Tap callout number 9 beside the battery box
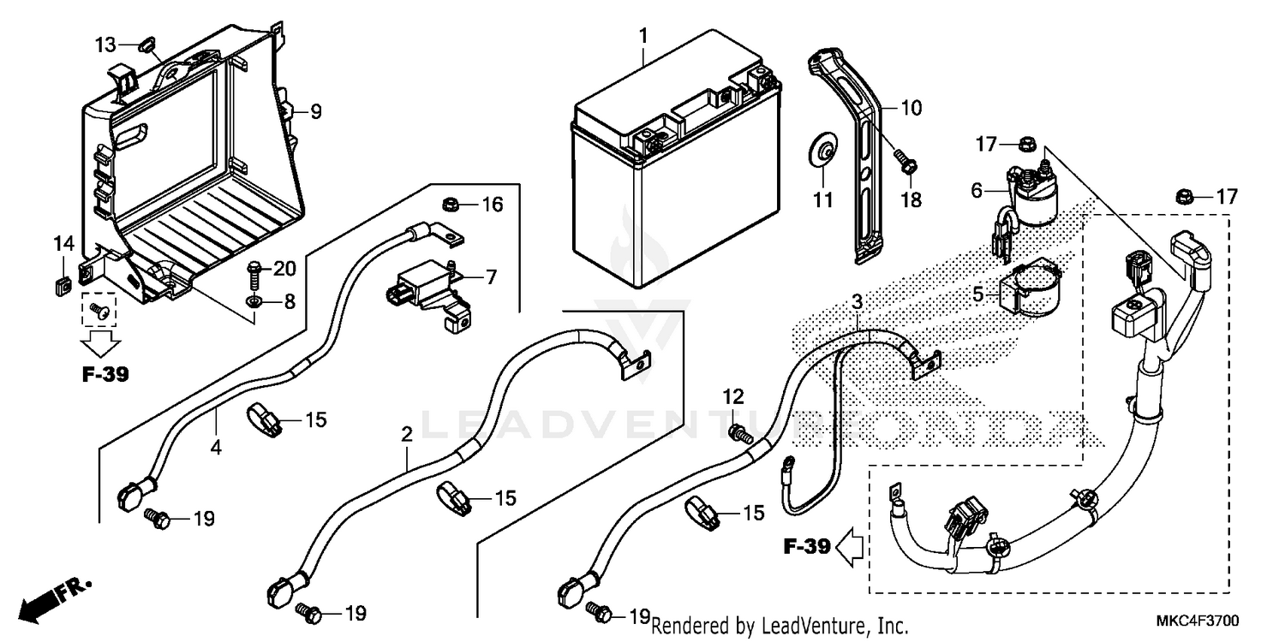tap(316, 111)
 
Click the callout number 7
tap(490, 277)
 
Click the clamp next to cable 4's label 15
tap(265, 417)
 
